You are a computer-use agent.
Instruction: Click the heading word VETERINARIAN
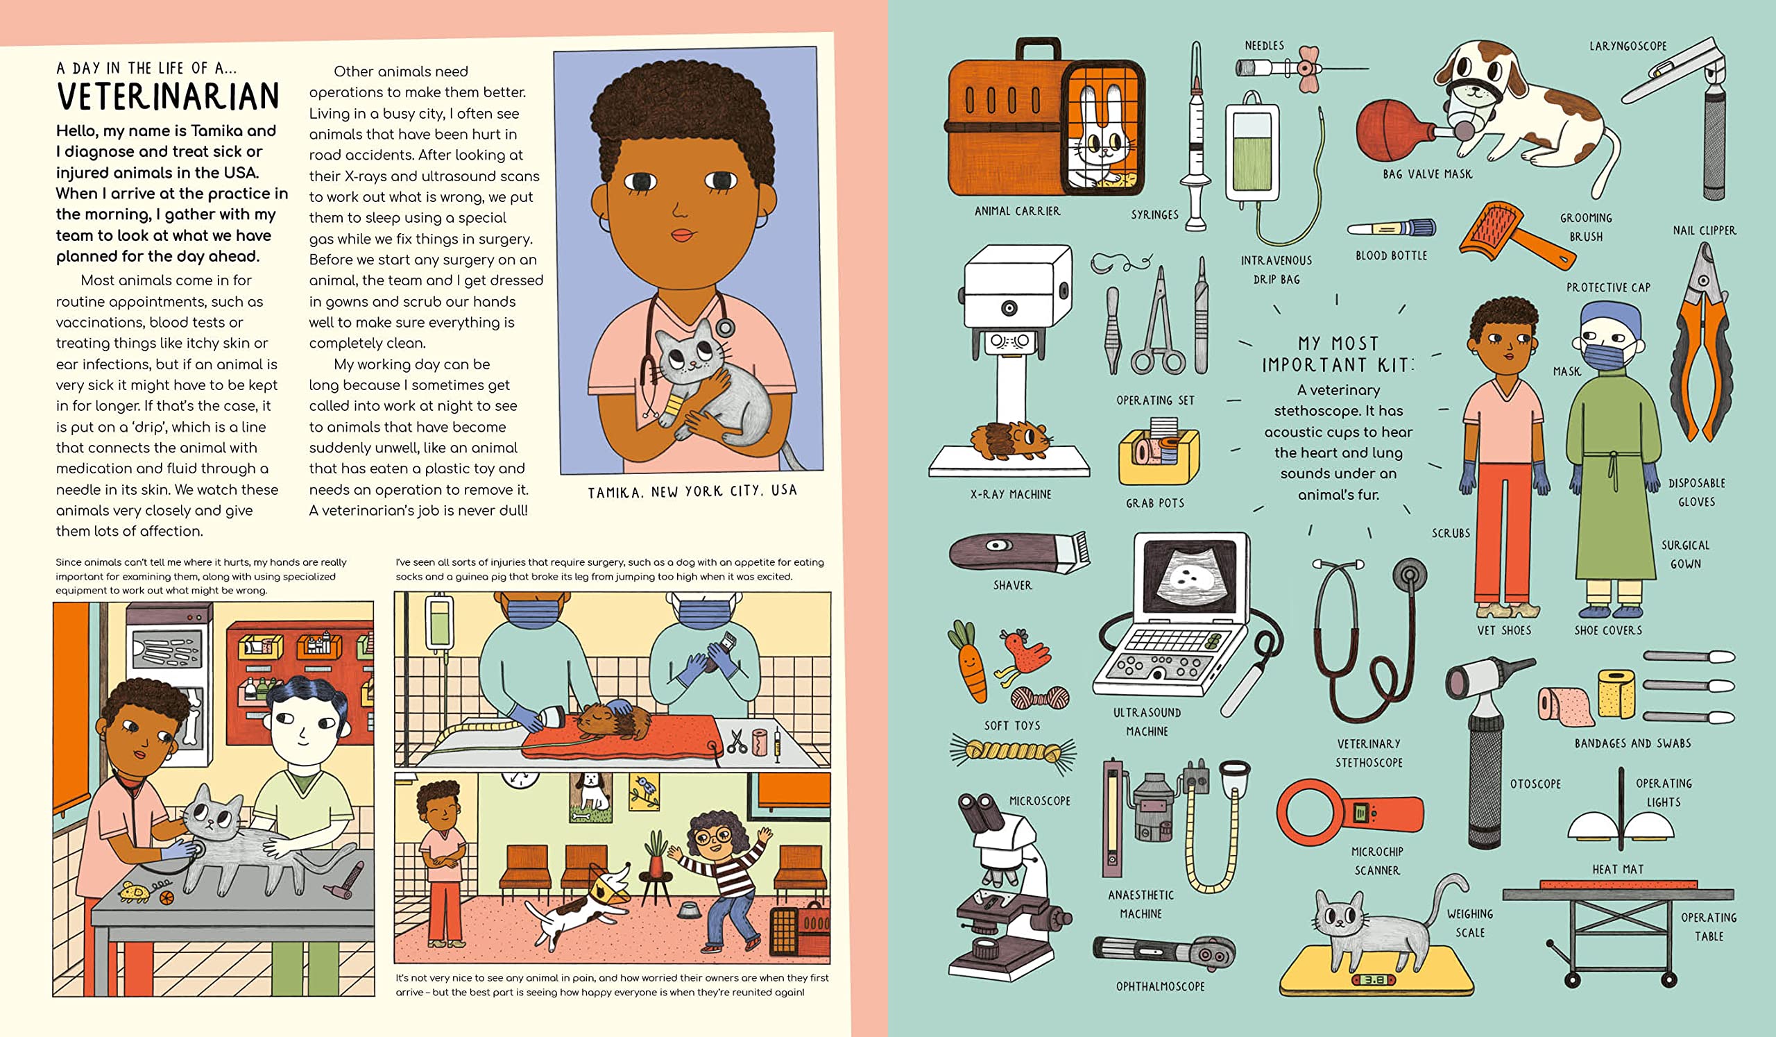coord(169,96)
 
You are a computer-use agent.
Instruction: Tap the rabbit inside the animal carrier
coord(1100,137)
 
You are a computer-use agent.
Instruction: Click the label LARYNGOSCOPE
coord(1628,47)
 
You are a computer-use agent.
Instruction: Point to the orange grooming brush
coord(1516,235)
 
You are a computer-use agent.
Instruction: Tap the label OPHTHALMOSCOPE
coord(1160,987)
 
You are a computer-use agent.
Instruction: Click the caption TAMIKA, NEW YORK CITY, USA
coord(692,491)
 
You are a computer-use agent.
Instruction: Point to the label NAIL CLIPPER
coord(1704,230)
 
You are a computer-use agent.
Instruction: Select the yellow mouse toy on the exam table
coord(135,892)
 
